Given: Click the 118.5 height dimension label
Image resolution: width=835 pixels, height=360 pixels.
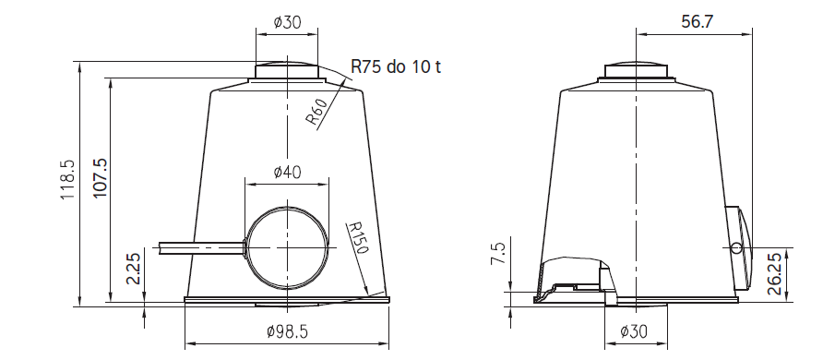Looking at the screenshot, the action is pos(67,179).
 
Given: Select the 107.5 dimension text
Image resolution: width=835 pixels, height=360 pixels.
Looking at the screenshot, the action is pos(101,177).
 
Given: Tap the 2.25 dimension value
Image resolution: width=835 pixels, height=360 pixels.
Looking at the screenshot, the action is pos(135,269).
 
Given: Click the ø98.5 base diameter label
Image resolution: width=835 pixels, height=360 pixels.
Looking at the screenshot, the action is pos(287,331).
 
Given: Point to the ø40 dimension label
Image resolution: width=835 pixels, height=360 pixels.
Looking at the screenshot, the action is pos(287,172).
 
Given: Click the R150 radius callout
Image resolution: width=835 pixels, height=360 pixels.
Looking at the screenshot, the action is pos(357,238).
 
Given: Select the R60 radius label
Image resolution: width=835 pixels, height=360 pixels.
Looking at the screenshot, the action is pos(316,113).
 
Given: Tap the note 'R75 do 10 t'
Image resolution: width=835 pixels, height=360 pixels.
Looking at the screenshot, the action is pos(396,67).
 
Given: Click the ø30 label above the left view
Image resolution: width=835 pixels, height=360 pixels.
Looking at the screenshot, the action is pos(287,22).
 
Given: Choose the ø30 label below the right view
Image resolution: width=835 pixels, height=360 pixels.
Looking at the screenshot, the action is pos(634,331).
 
